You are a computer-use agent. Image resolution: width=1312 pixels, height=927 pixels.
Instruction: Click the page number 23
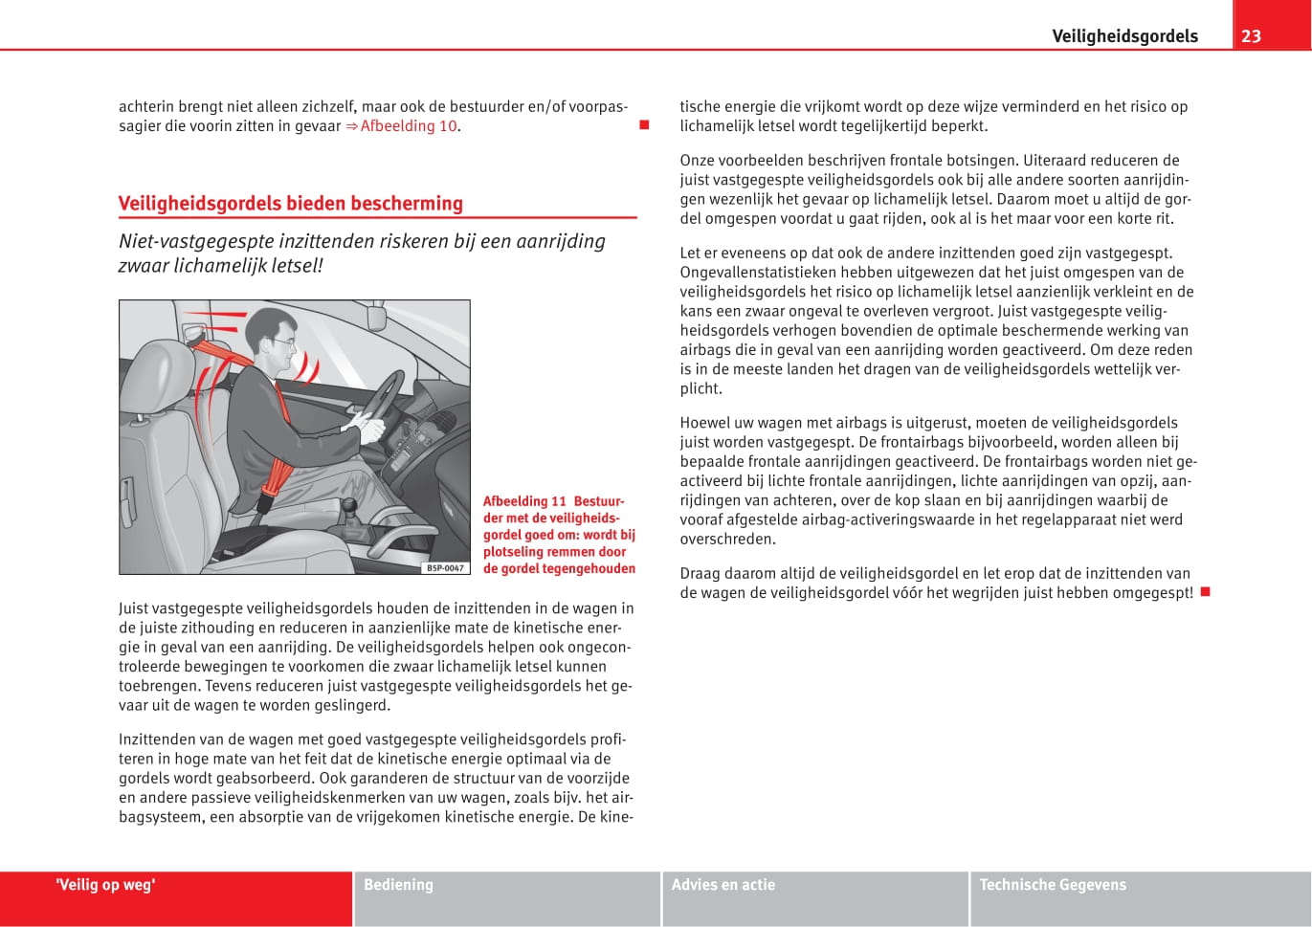[1251, 36]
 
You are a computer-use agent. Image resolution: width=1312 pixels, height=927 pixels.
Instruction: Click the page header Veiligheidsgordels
[1124, 36]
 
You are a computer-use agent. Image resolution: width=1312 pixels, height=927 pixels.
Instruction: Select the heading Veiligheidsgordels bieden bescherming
[290, 203]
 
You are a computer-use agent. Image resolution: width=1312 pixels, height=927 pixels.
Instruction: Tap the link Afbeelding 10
[409, 126]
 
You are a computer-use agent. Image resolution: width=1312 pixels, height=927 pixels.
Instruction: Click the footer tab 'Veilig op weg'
[105, 885]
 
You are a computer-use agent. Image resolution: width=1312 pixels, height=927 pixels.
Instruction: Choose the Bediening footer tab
[398, 885]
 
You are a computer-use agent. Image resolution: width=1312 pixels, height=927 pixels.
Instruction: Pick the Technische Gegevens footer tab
[1053, 885]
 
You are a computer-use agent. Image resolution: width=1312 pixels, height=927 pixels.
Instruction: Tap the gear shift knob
[350, 504]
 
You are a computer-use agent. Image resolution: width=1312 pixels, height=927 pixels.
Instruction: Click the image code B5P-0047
[445, 567]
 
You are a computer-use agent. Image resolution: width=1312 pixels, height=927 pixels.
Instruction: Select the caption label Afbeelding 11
[524, 501]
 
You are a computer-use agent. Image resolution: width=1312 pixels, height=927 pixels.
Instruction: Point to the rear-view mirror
[378, 313]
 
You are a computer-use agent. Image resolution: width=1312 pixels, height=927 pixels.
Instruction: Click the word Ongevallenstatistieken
[758, 273]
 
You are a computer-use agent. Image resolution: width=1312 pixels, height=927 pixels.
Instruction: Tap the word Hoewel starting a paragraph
[704, 423]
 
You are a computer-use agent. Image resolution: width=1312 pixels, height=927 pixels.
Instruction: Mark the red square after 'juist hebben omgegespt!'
[1206, 592]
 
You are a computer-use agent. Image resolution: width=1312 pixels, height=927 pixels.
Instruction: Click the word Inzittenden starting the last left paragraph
[157, 739]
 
